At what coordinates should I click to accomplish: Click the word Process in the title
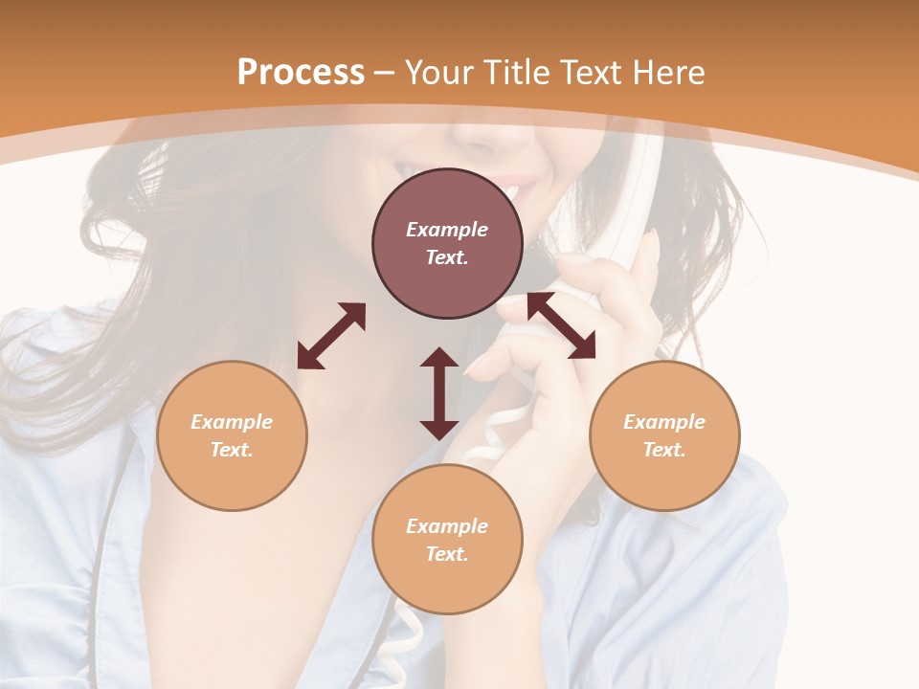pyautogui.click(x=301, y=73)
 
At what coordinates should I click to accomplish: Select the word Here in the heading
pyautogui.click(x=670, y=73)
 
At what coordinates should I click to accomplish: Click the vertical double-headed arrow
pyautogui.click(x=439, y=393)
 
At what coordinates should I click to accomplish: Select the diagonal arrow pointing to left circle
pyautogui.click(x=331, y=336)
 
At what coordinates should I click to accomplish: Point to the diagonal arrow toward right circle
pyautogui.click(x=561, y=326)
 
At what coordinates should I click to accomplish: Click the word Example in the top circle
pyautogui.click(x=447, y=230)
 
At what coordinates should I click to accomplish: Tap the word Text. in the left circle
pyautogui.click(x=232, y=450)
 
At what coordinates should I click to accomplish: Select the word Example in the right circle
pyautogui.click(x=664, y=422)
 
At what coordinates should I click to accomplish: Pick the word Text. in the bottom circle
pyautogui.click(x=447, y=554)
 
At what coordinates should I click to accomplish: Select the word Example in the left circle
pyautogui.click(x=232, y=422)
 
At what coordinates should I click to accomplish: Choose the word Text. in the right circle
pyautogui.click(x=664, y=450)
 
